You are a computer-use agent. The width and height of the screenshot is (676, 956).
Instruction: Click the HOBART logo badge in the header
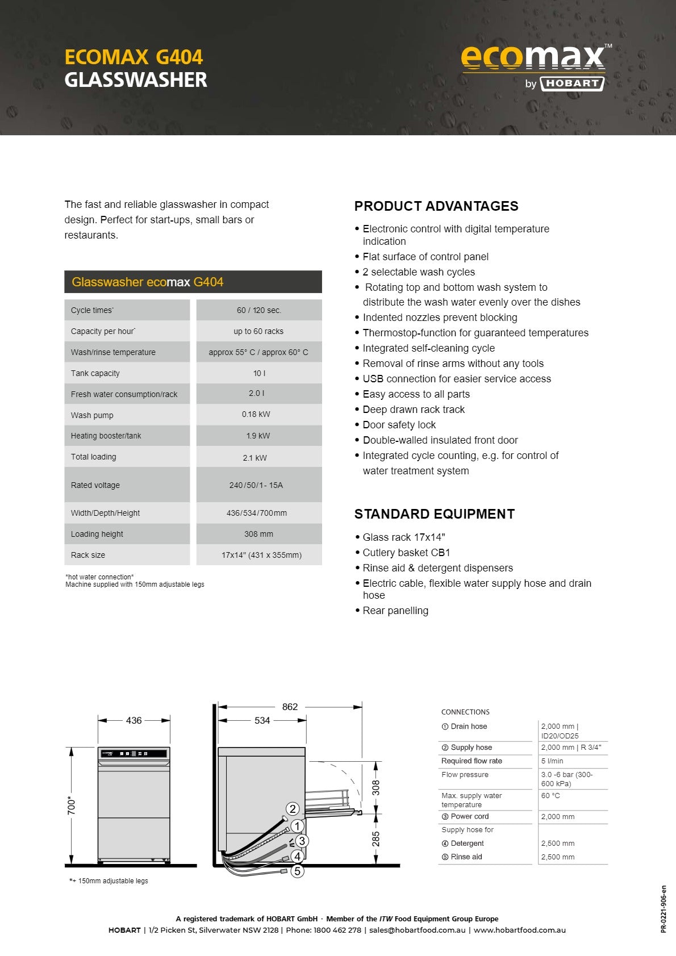571,84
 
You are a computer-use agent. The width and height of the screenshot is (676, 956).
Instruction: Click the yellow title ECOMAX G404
133,57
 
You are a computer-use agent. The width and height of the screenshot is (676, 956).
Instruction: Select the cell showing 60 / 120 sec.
259,310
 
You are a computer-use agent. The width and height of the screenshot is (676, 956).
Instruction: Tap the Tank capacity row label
95,373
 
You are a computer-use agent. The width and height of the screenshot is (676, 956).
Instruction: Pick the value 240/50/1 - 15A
256,485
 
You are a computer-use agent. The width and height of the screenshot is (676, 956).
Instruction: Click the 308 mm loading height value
258,534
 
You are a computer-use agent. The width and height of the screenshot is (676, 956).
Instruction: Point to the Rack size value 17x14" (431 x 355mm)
261,555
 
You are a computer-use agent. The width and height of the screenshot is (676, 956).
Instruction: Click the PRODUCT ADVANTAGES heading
436,206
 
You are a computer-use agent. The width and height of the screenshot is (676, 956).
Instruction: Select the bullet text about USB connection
457,379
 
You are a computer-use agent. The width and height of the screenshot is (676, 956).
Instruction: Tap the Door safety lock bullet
399,425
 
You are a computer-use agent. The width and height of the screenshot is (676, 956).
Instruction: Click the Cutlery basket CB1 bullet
406,553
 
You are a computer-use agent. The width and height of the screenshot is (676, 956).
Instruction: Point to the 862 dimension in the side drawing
290,707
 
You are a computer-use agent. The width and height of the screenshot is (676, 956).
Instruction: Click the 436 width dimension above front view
134,720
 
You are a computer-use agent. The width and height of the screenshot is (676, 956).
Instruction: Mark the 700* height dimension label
72,805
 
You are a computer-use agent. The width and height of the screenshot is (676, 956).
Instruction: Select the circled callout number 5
297,871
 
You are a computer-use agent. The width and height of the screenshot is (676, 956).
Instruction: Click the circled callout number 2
292,809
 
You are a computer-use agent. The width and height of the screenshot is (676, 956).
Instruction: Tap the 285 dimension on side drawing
375,839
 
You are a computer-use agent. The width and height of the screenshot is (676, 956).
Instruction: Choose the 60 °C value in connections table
550,796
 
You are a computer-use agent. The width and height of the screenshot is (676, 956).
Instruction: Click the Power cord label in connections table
469,816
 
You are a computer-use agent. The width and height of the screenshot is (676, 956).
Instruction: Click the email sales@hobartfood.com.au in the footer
417,930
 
